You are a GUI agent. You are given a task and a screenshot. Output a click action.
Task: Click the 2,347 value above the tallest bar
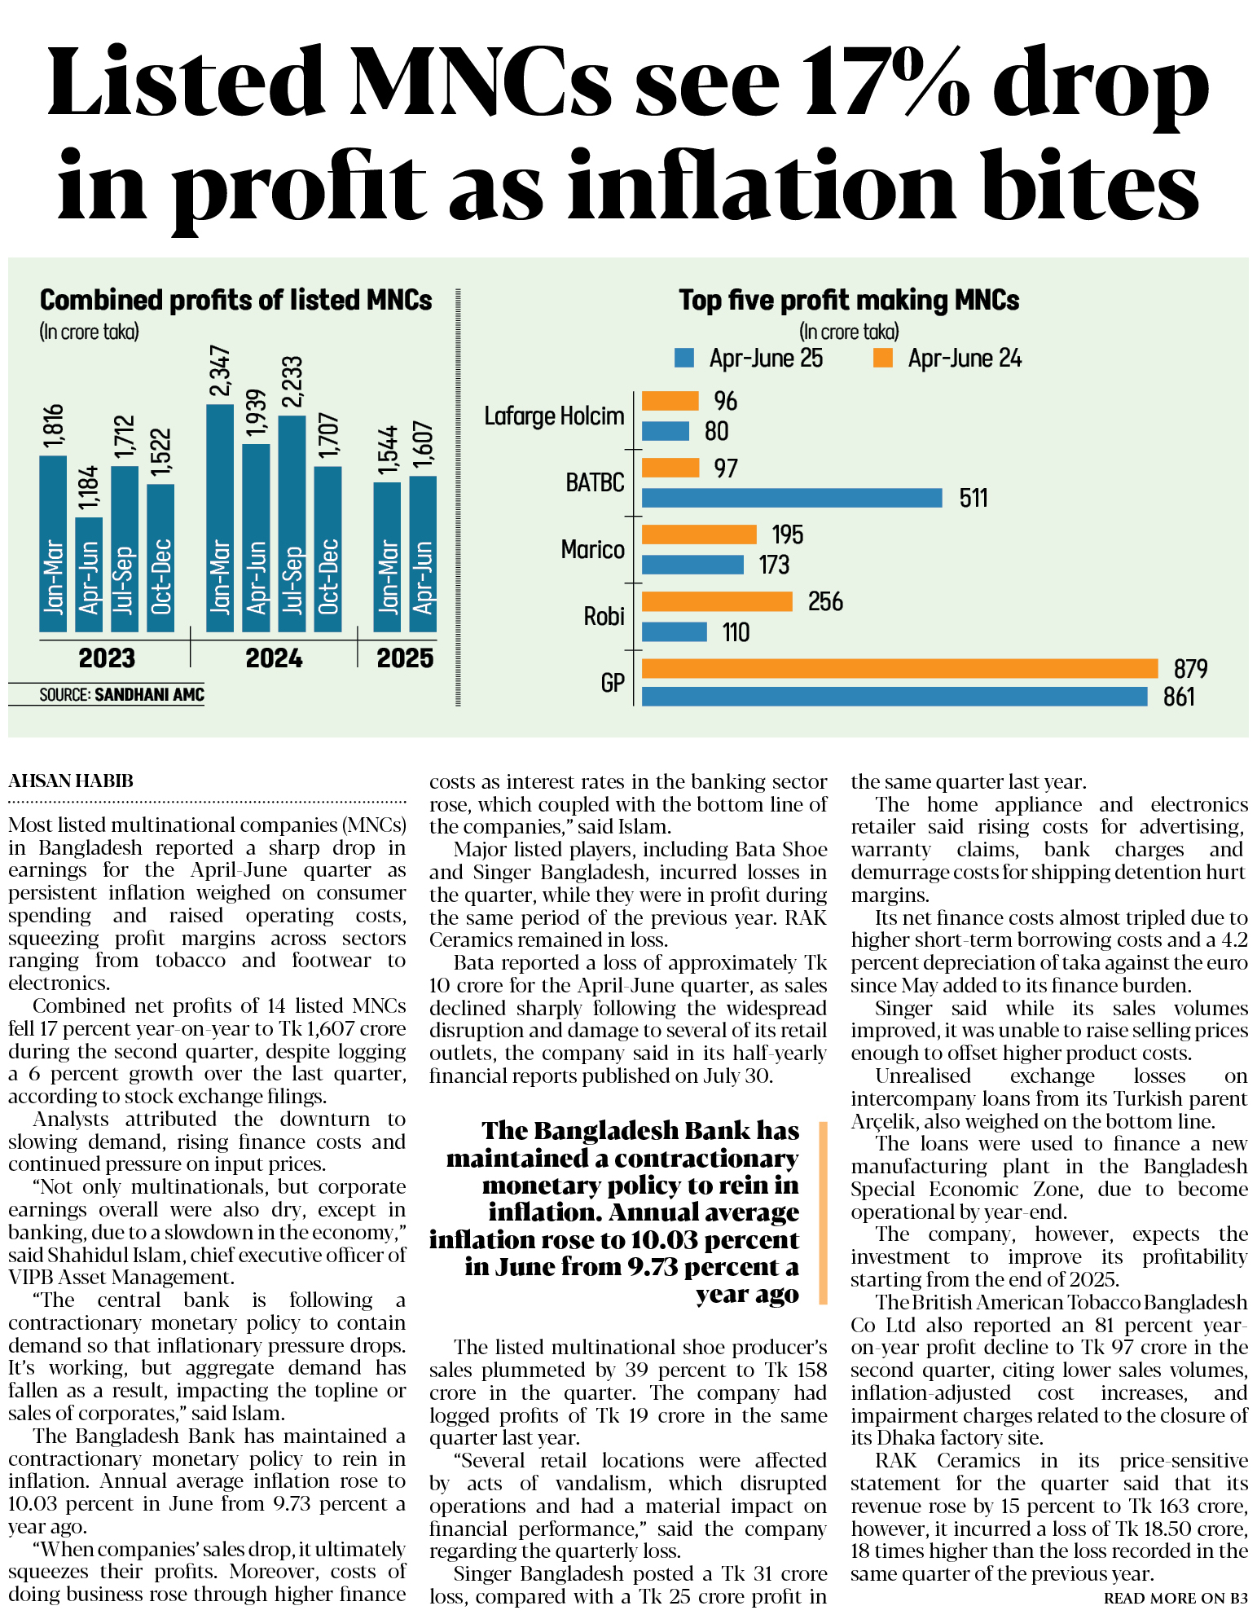pyautogui.click(x=221, y=372)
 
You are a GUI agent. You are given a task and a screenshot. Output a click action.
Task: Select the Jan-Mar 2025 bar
pyautogui.click(x=387, y=557)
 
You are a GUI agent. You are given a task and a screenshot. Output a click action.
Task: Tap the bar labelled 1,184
pyautogui.click(x=89, y=574)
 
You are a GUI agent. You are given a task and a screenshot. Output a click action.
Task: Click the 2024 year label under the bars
pyautogui.click(x=274, y=658)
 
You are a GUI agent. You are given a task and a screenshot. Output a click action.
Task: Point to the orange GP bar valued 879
pyautogui.click(x=899, y=668)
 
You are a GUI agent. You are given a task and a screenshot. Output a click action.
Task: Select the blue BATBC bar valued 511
pyautogui.click(x=791, y=497)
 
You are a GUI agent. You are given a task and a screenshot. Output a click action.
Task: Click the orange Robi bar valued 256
pyautogui.click(x=717, y=601)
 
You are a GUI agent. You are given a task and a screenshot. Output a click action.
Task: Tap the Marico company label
pyautogui.click(x=592, y=550)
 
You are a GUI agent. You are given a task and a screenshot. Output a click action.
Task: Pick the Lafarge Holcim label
pyautogui.click(x=554, y=416)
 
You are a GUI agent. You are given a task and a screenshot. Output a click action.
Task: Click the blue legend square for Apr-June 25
pyautogui.click(x=684, y=358)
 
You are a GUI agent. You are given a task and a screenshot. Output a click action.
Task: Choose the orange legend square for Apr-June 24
pyautogui.click(x=882, y=358)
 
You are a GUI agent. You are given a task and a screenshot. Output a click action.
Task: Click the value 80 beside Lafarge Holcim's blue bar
pyautogui.click(x=716, y=431)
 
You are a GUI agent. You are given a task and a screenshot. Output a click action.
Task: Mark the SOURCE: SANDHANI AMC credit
pyautogui.click(x=121, y=695)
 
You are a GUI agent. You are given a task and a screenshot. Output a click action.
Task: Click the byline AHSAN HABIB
pyautogui.click(x=71, y=781)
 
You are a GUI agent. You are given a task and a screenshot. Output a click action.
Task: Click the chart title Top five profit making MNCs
pyautogui.click(x=849, y=300)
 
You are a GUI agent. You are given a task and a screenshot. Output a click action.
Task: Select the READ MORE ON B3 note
pyautogui.click(x=1175, y=1598)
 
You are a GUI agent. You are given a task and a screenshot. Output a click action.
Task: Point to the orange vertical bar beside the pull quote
pyautogui.click(x=823, y=1212)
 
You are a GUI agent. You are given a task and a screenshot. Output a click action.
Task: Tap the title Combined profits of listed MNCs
pyautogui.click(x=235, y=300)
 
